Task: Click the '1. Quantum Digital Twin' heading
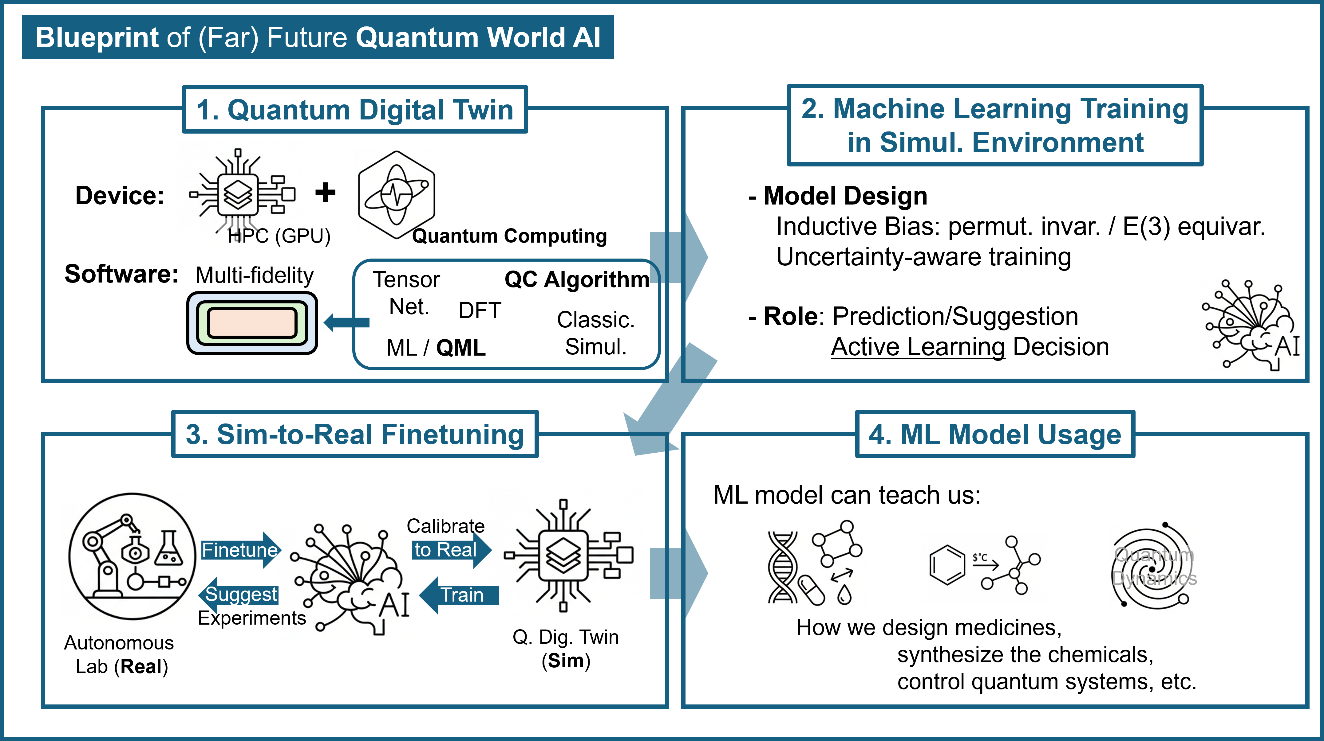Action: (355, 110)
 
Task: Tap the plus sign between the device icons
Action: (325, 193)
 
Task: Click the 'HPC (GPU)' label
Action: (279, 236)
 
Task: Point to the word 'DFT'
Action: (480, 310)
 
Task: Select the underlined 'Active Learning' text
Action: (918, 347)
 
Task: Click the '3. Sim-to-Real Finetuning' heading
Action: (355, 435)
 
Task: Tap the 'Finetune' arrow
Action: (240, 550)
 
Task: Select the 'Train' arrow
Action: (460, 595)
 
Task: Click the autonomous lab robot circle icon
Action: (132, 556)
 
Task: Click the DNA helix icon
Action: (782, 567)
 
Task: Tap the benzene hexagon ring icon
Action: (947, 565)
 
